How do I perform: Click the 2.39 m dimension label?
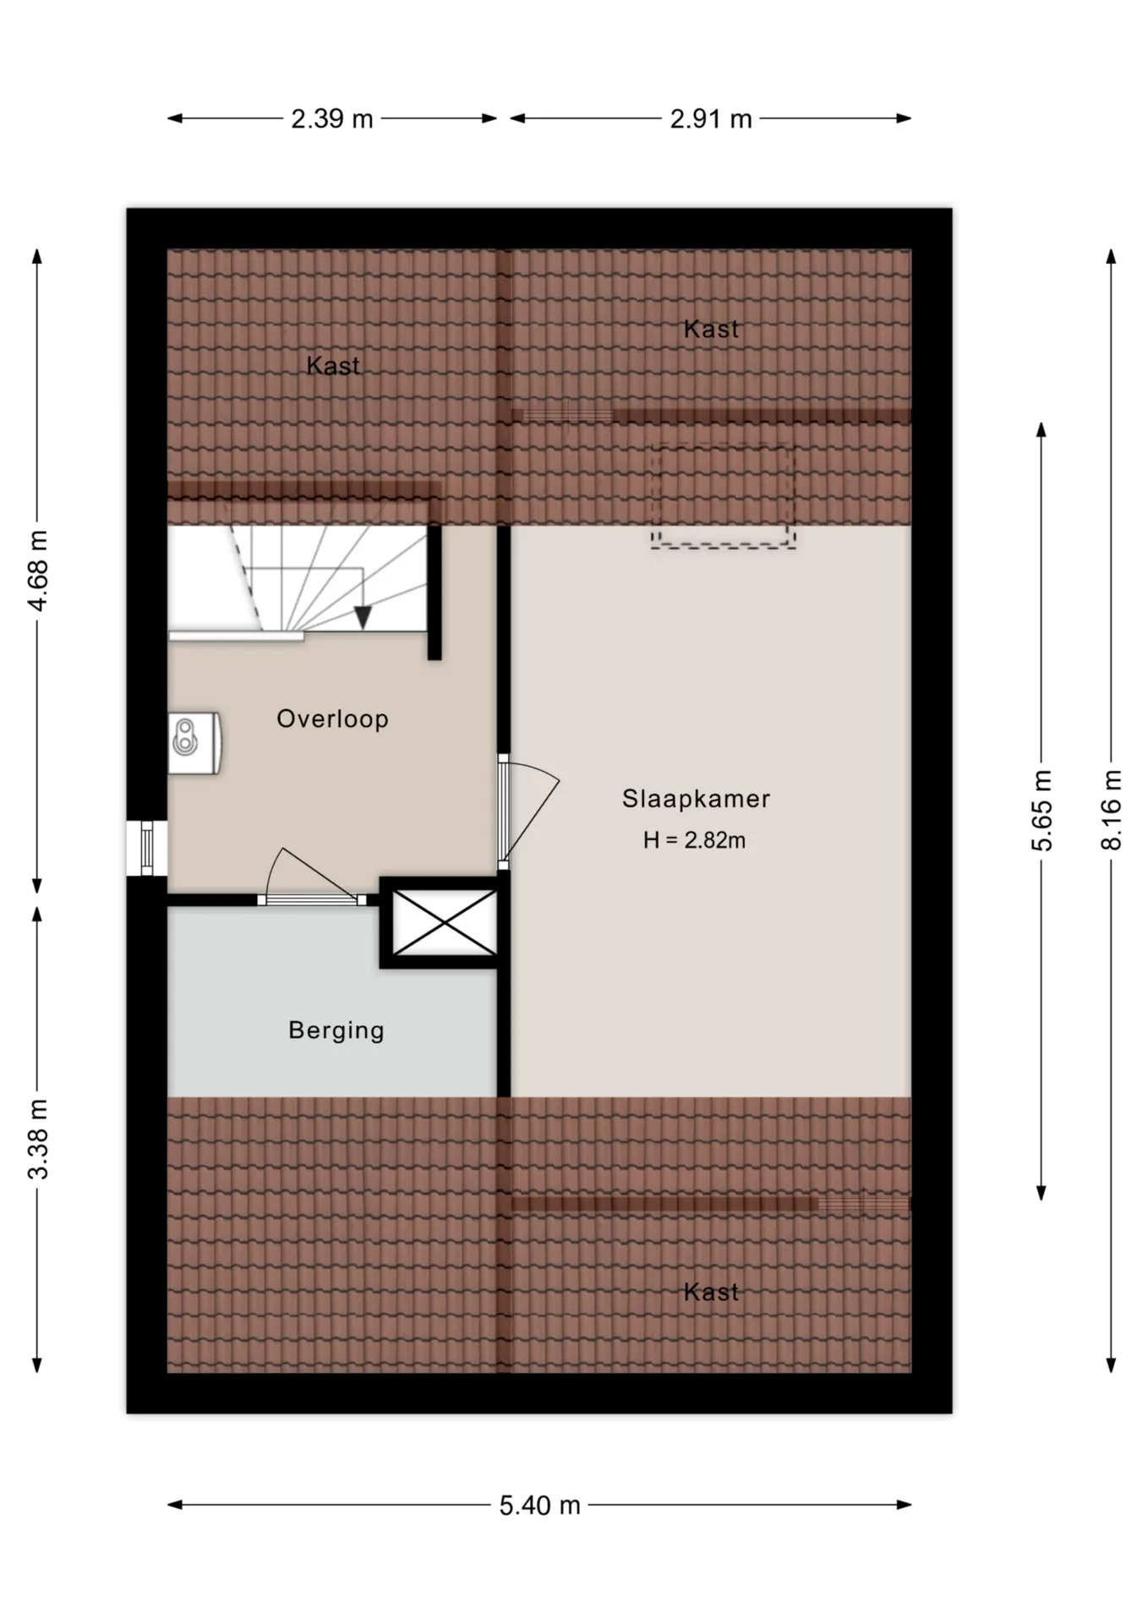pyautogui.click(x=332, y=119)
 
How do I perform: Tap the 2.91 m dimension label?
pyautogui.click(x=711, y=119)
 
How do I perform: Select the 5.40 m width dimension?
pyautogui.click(x=539, y=1506)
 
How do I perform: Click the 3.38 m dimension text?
pyautogui.click(x=38, y=1139)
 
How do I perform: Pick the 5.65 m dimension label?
pyautogui.click(x=1042, y=811)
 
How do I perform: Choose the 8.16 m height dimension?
pyautogui.click(x=1112, y=811)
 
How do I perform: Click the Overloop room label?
pyautogui.click(x=332, y=719)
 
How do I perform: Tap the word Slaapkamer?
pyautogui.click(x=696, y=799)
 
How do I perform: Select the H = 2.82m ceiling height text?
pyautogui.click(x=694, y=840)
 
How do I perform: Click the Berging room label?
pyautogui.click(x=336, y=1030)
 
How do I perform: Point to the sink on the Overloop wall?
pyautogui.click(x=194, y=743)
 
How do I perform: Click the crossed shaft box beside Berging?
pyautogui.click(x=445, y=922)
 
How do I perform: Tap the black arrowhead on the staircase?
pyautogui.click(x=363, y=617)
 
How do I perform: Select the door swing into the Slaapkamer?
pyautogui.click(x=530, y=813)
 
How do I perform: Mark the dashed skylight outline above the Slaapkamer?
pyautogui.click(x=723, y=496)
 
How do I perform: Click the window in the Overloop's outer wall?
pyautogui.click(x=147, y=849)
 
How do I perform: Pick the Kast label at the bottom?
pyautogui.click(x=711, y=1292)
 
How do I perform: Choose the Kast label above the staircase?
pyautogui.click(x=333, y=366)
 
